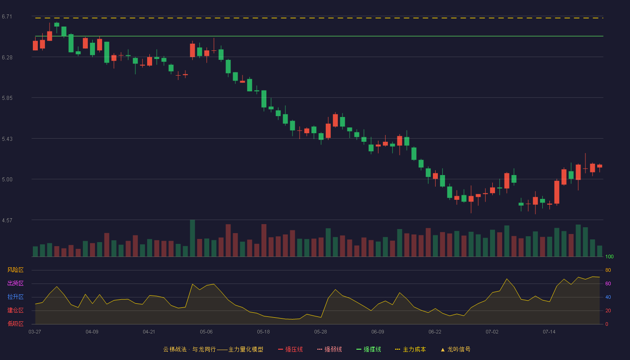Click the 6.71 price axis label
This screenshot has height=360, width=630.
(x=7, y=17)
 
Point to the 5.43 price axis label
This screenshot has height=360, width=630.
(x=7, y=139)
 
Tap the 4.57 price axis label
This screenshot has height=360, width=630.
(x=7, y=220)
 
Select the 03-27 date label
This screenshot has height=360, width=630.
(x=35, y=332)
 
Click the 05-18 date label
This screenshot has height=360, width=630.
(x=263, y=332)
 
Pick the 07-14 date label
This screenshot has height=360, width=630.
(x=549, y=332)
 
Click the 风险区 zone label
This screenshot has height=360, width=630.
(x=15, y=270)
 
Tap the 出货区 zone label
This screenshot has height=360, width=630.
(x=15, y=283)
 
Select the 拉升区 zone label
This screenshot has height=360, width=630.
(x=15, y=297)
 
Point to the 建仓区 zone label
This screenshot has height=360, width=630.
(x=15, y=310)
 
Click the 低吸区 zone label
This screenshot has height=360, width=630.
(x=15, y=324)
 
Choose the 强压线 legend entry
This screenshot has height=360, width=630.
(x=290, y=349)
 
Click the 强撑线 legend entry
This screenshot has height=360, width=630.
(x=369, y=349)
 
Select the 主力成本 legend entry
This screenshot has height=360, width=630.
(x=410, y=349)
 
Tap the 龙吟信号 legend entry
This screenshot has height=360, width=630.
(x=455, y=349)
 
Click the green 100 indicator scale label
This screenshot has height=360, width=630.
(x=609, y=256)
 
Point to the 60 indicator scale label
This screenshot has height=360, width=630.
(x=608, y=283)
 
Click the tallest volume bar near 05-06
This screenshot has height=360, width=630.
(x=193, y=238)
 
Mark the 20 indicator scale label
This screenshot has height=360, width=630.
(x=608, y=310)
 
